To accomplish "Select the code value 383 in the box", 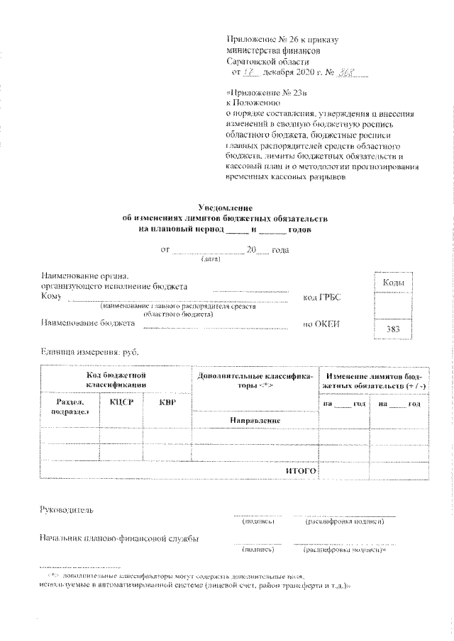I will (x=393, y=329).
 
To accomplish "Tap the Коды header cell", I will (x=393, y=283).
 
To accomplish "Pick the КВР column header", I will (x=167, y=402).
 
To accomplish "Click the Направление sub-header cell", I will (x=255, y=421).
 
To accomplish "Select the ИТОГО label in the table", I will (x=300, y=470).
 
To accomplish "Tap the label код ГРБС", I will (x=322, y=297).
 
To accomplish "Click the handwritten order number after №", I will (x=346, y=72).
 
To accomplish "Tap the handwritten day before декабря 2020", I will (x=248, y=72).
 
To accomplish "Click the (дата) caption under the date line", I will (x=211, y=259).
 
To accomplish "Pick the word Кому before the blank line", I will (x=51, y=297).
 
